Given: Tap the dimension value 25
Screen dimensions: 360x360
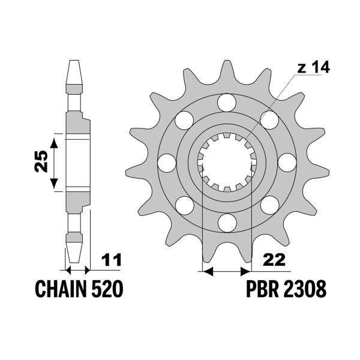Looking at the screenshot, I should tap(40, 162).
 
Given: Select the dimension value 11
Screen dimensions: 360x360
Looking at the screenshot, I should tap(112, 260).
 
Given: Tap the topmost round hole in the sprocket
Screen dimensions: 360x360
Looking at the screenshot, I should tap(227, 103).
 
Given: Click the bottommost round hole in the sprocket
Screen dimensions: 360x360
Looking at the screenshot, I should tap(227, 223).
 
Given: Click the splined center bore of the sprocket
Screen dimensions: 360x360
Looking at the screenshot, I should tap(227, 163).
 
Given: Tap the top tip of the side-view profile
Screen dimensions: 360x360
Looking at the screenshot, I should tap(74, 62).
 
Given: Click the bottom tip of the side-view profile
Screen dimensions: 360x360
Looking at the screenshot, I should tap(74, 262).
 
